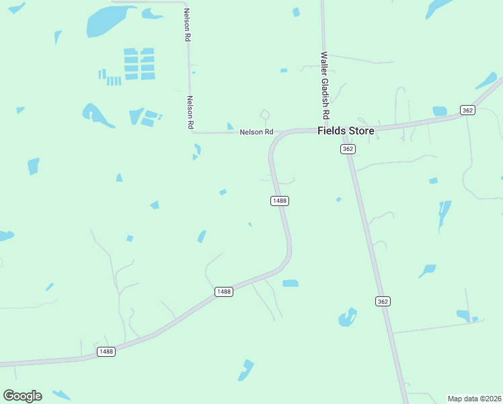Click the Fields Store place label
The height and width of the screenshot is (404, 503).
click(x=346, y=131)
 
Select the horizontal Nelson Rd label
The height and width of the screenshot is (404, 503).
click(x=257, y=133)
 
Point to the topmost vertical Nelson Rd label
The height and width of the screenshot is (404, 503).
click(x=188, y=26)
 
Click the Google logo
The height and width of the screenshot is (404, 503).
click(x=22, y=395)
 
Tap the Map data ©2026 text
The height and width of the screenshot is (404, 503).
click(x=475, y=398)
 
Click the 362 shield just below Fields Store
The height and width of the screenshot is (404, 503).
click(x=347, y=149)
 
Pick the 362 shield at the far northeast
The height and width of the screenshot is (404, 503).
click(x=467, y=110)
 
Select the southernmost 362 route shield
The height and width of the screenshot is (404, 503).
click(x=383, y=301)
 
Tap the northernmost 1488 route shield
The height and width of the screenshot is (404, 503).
click(x=280, y=201)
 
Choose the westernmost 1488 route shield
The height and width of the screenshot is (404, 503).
click(x=106, y=351)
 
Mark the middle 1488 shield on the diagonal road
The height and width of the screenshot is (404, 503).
click(x=224, y=292)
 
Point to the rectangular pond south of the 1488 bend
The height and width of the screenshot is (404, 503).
click(x=290, y=283)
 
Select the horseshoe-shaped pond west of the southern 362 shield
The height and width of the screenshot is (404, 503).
click(x=348, y=317)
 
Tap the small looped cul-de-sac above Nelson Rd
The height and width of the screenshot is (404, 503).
click(x=264, y=114)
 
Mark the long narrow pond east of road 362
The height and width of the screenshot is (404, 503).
click(x=443, y=213)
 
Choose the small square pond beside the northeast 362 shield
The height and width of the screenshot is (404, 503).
click(x=440, y=111)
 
